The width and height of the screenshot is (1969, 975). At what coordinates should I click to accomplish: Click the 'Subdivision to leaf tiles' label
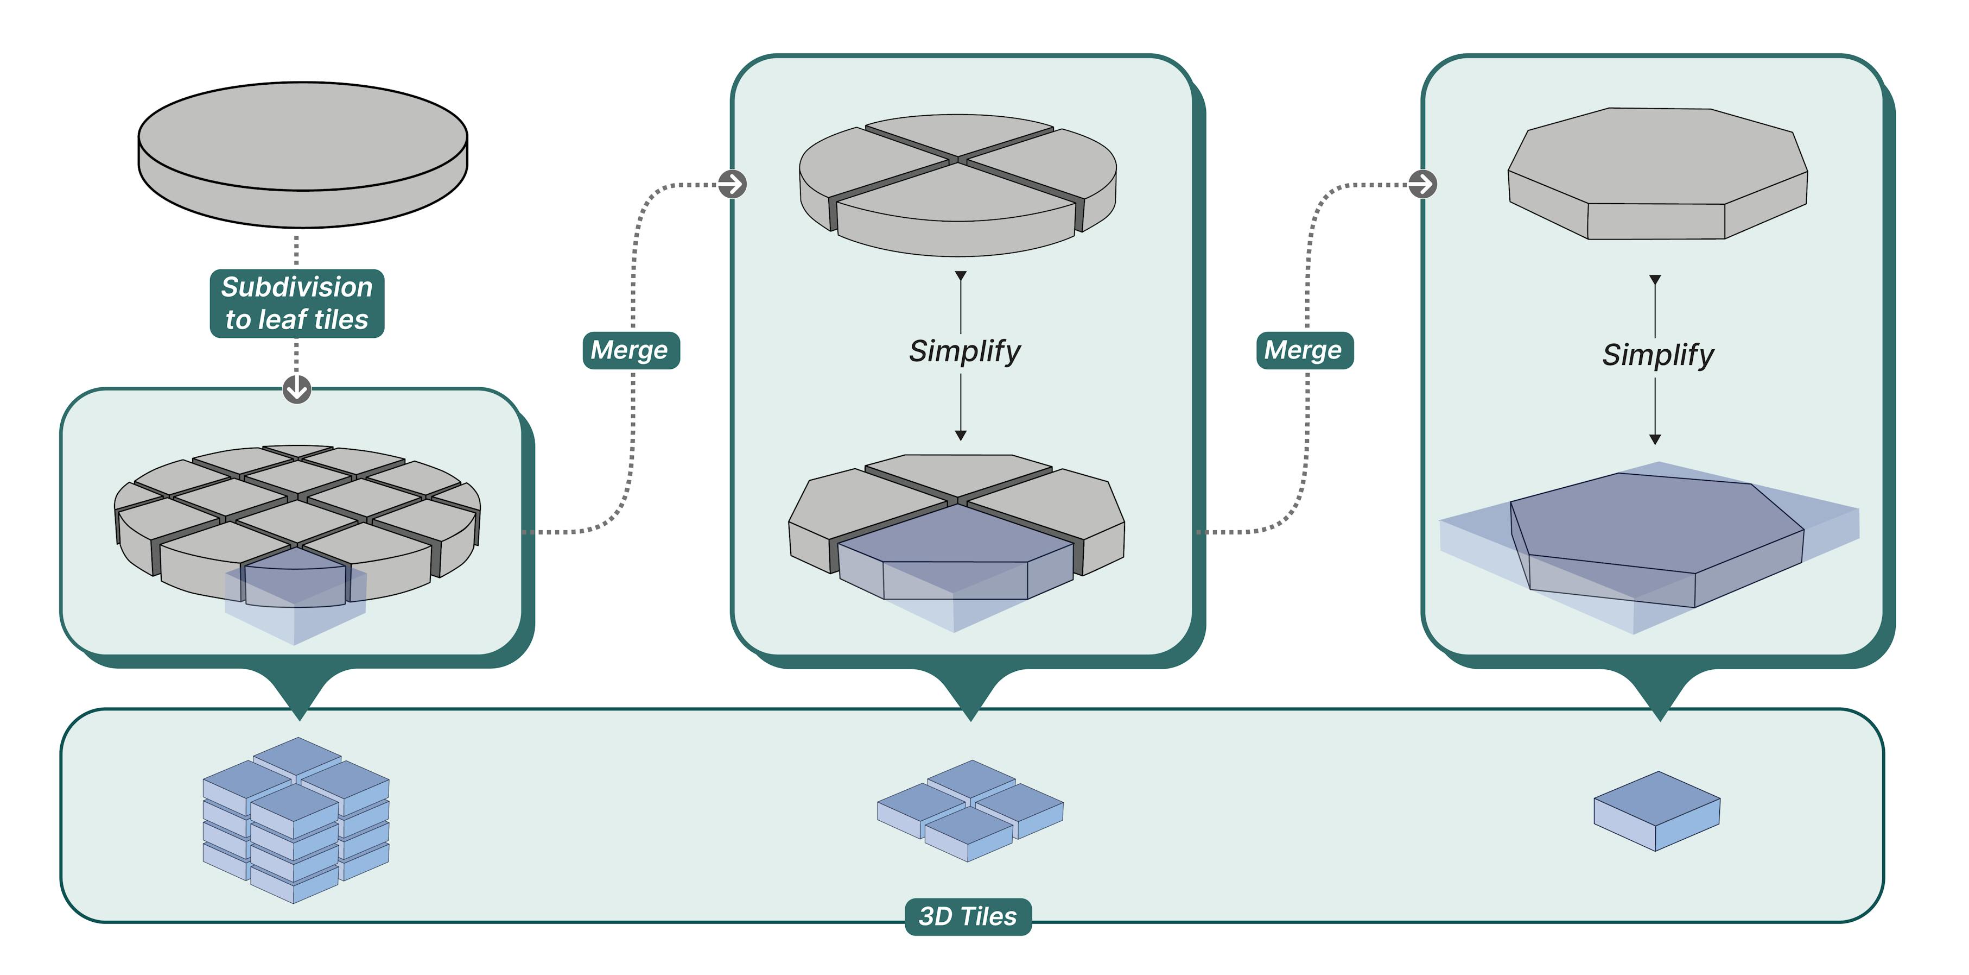tap(296, 304)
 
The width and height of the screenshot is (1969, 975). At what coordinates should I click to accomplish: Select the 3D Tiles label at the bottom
tap(968, 916)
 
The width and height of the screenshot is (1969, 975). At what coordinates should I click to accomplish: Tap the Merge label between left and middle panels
tap(631, 350)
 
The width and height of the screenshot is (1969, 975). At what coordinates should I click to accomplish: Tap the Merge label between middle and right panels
tap(1304, 350)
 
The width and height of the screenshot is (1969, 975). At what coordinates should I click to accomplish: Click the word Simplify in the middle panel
tap(964, 351)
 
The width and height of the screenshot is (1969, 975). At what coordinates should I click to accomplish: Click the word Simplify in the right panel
tap(1657, 355)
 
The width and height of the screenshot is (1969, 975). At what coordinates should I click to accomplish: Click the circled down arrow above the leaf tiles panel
tap(296, 388)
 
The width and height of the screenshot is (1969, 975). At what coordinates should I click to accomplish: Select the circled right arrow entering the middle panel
tap(732, 184)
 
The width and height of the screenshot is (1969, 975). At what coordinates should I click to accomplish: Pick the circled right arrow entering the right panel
tap(1422, 184)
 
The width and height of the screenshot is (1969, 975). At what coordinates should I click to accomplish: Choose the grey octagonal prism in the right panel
tap(1657, 172)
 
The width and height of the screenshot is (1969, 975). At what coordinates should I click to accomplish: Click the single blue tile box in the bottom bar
tap(1656, 810)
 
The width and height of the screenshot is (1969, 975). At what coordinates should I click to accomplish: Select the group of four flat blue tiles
tap(969, 810)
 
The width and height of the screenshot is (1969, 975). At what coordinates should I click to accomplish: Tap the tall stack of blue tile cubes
tap(296, 820)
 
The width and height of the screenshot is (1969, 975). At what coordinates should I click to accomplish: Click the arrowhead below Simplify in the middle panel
tap(961, 435)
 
